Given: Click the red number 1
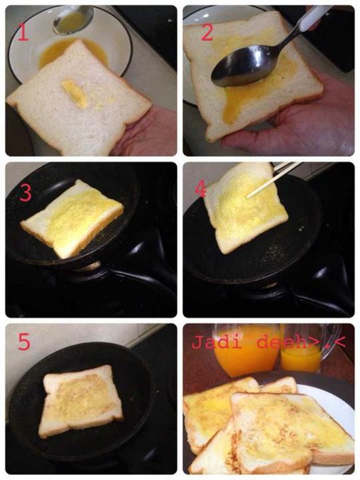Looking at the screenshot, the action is (23, 32).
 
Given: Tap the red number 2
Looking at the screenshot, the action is (208, 32).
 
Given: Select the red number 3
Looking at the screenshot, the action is (25, 193).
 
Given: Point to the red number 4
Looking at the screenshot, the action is (200, 190).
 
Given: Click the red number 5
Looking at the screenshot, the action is (24, 342).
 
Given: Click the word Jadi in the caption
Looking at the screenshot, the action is (217, 342).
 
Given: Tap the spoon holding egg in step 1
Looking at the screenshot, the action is (73, 19).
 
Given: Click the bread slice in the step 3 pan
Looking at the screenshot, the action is (73, 218).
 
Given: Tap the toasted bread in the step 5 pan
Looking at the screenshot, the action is (80, 401).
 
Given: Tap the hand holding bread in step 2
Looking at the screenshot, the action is (294, 122).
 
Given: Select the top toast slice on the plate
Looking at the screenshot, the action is (291, 428).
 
